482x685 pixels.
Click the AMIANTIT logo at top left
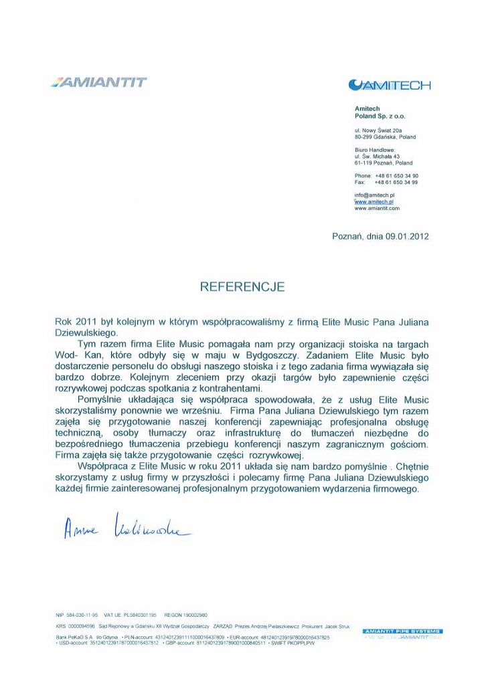(98, 83)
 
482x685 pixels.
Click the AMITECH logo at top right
(390, 85)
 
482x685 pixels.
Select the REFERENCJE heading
(242, 287)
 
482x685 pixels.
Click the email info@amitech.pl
(374, 195)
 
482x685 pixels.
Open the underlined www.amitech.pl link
(374, 201)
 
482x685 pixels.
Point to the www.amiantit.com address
(376, 208)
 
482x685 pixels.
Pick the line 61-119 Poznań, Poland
(384, 163)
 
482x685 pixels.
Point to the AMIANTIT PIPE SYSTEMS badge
(402, 631)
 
